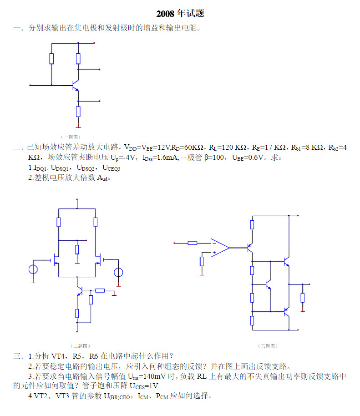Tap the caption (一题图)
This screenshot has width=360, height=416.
71,137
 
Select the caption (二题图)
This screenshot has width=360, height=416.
81,346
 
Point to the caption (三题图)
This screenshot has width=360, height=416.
268,346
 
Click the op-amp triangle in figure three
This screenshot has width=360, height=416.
219,248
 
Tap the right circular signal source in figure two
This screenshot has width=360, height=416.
118,273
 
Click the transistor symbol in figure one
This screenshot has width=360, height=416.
75,85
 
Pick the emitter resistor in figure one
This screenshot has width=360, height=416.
78,111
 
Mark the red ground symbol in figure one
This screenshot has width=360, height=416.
78,126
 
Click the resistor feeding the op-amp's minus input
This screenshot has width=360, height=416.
193,243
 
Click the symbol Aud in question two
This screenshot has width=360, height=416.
103,178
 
